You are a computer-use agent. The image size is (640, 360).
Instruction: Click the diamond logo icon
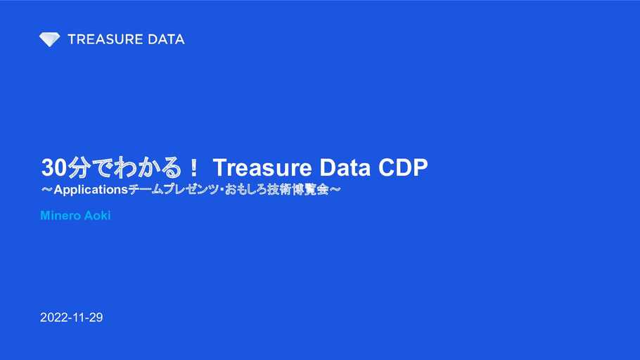point(49,39)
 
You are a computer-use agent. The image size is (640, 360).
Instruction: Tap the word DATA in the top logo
point(166,39)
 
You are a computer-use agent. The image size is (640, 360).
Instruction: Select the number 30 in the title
point(54,167)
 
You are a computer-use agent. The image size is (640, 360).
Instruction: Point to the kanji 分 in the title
point(79,167)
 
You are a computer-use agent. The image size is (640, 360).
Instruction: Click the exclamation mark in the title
point(194,168)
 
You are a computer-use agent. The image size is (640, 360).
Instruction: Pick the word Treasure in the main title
point(262,167)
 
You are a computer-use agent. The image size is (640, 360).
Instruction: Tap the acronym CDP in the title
point(403,167)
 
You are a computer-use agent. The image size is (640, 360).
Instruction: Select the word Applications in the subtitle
point(91,190)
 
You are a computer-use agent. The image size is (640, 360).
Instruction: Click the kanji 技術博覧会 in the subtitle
point(298,189)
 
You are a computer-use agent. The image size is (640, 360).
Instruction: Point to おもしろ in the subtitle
point(245,189)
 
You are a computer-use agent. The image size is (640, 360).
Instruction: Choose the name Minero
point(60,216)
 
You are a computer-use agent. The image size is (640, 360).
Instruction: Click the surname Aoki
point(98,216)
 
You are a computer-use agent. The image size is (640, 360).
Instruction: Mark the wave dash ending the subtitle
point(335,189)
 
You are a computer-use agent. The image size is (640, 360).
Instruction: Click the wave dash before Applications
point(47,189)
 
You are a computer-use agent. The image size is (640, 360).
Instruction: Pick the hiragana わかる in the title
point(148,167)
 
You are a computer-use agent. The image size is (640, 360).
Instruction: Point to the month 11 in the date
point(79,318)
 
